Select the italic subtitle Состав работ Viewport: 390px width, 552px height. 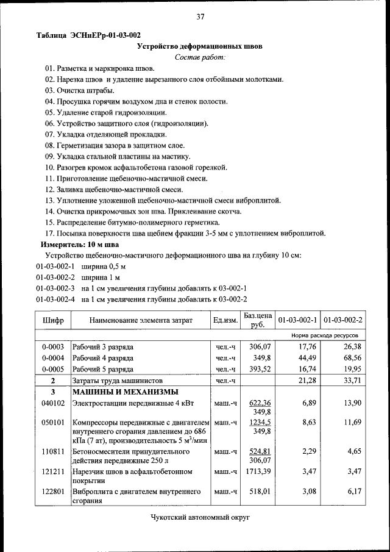(200, 57)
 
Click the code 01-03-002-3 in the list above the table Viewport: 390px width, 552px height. (55, 288)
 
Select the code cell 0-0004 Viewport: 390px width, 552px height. (53, 358)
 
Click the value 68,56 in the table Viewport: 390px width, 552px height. (350, 358)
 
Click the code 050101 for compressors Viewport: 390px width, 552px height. (53, 422)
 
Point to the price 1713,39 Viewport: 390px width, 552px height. (257, 472)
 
